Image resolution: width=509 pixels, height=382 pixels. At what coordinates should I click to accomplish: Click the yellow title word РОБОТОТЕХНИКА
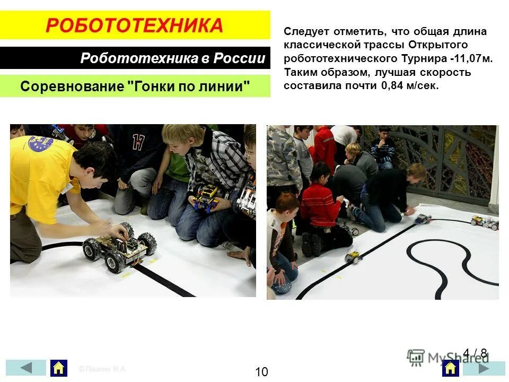[135, 25]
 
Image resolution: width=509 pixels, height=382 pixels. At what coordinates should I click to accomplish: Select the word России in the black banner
[239, 58]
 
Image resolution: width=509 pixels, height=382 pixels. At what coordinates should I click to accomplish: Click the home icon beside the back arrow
[59, 368]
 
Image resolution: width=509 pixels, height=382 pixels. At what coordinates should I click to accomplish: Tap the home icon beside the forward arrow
[451, 368]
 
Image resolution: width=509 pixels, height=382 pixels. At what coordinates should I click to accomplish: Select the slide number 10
[261, 372]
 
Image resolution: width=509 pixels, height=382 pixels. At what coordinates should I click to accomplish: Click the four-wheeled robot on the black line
[119, 247]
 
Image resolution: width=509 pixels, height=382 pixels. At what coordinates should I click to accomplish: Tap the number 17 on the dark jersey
[138, 142]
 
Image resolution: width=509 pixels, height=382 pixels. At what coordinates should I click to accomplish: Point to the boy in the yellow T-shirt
[48, 180]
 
